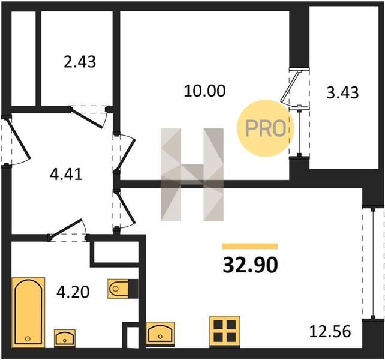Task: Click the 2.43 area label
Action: click(x=80, y=62)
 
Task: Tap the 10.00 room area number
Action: click(x=204, y=91)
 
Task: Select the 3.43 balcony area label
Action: click(x=342, y=93)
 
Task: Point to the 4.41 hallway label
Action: click(x=66, y=175)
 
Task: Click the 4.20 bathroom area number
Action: click(x=73, y=292)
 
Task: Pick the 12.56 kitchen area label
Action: click(x=330, y=331)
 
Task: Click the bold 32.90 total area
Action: click(x=250, y=265)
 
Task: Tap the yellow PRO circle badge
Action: click(x=266, y=128)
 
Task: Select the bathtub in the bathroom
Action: click(x=28, y=313)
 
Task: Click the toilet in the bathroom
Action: click(x=123, y=289)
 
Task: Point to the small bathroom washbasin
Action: click(x=65, y=338)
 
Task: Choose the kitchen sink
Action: click(x=160, y=334)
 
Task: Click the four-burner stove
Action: click(x=225, y=331)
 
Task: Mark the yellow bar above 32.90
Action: click(x=250, y=246)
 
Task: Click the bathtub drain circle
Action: click(x=28, y=339)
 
